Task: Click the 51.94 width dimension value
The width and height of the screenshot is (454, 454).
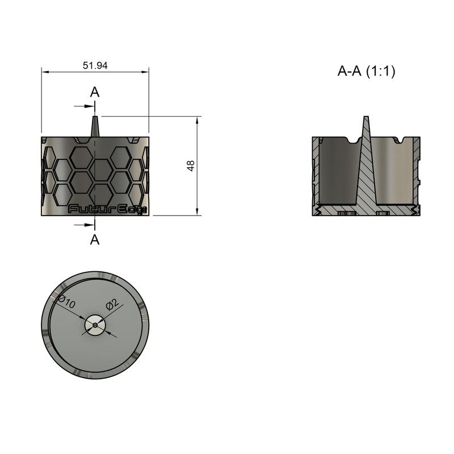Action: [x=95, y=65]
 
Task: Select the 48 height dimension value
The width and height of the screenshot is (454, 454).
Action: [x=191, y=166]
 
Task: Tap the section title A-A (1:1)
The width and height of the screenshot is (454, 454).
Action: [x=366, y=71]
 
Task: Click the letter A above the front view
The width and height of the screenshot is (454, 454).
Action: [x=95, y=92]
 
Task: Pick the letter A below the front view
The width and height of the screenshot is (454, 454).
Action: [x=95, y=239]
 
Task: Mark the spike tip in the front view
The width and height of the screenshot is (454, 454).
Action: [x=95, y=117]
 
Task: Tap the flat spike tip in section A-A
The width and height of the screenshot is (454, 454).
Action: [x=366, y=117]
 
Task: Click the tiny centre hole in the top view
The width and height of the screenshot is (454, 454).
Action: [x=95, y=325]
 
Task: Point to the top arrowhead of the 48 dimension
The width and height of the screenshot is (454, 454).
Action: [x=197, y=121]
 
